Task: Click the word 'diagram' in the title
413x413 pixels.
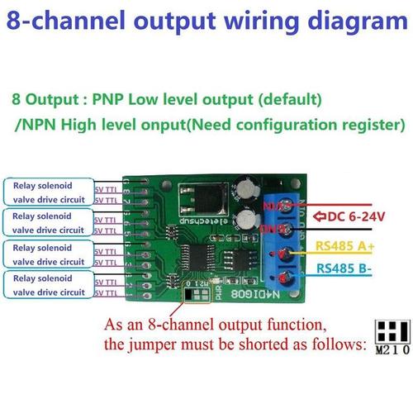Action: [x=351, y=17]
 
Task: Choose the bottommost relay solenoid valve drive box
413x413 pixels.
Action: [x=48, y=287]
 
